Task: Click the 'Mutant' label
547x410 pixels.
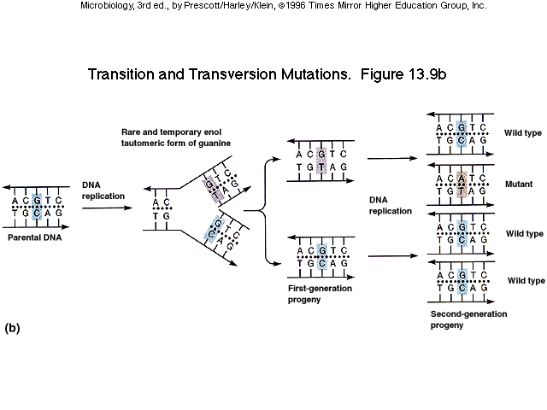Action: tap(518, 184)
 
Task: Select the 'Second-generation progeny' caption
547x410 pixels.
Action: tap(468, 319)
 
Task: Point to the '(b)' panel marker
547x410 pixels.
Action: tap(13, 327)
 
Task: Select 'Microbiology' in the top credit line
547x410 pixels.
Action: tap(107, 5)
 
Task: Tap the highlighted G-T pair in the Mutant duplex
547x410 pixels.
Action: tap(462, 184)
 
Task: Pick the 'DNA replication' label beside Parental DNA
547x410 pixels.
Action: tap(103, 190)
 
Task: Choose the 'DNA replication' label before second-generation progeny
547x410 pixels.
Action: tap(390, 204)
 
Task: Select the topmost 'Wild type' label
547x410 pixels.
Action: tap(524, 133)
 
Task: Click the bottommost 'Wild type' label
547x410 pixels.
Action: tap(526, 280)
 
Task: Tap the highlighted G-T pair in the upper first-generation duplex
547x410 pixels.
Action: tap(321, 160)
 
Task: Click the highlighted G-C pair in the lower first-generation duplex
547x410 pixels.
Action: tap(321, 257)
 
